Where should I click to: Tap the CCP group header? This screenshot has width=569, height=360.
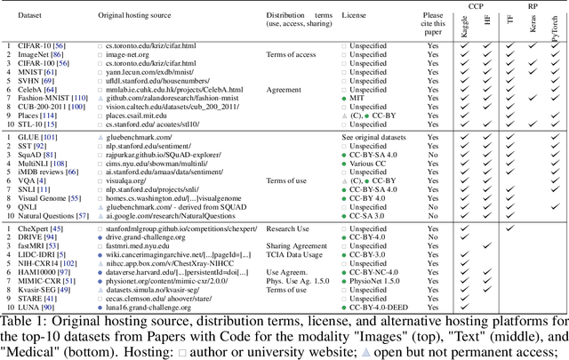coord(475,6)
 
